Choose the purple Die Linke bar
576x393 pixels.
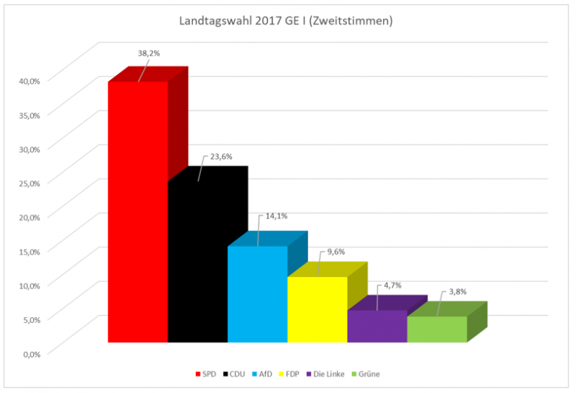(x=377, y=326)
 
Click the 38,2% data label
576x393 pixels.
(x=149, y=53)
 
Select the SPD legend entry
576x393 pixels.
(x=205, y=374)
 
